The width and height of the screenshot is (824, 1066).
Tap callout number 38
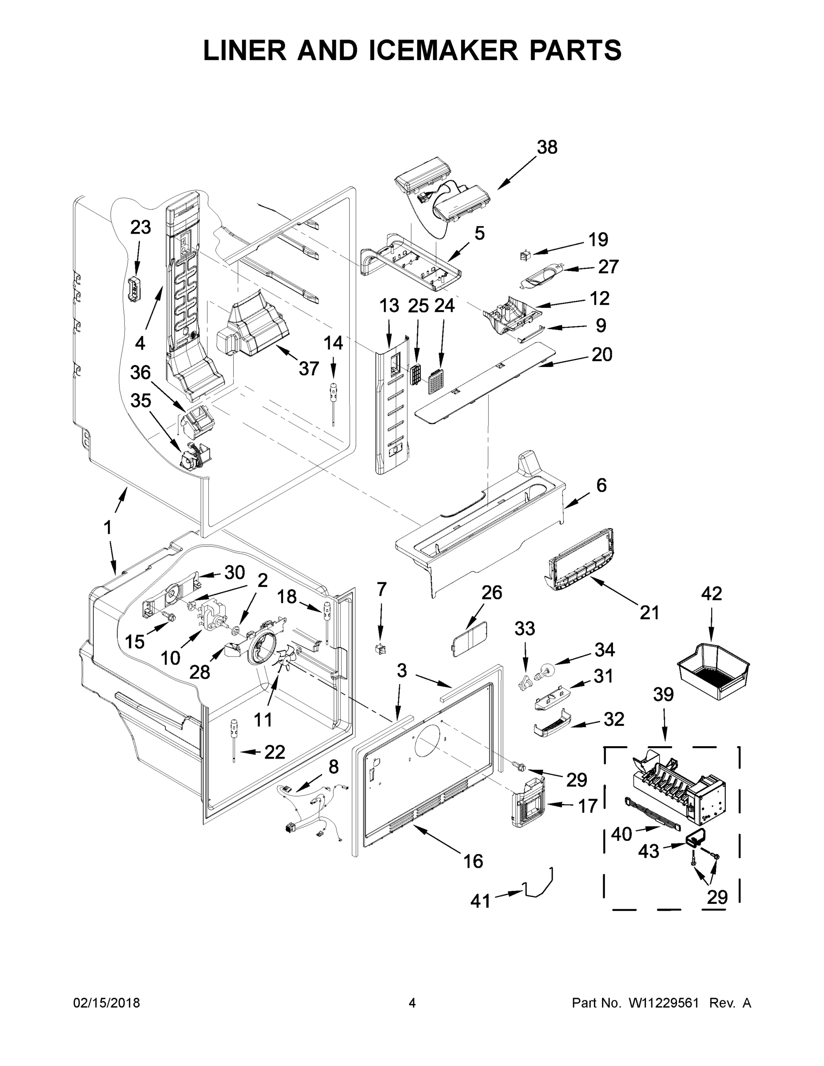pos(547,147)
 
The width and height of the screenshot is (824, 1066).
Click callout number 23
pos(140,227)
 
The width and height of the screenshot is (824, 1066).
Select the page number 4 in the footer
pos(412,1002)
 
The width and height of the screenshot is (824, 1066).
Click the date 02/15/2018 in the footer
pos(107,1002)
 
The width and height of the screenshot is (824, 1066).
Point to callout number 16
pos(473,861)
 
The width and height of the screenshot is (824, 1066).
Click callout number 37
pos(309,369)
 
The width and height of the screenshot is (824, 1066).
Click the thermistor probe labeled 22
pos(234,737)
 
